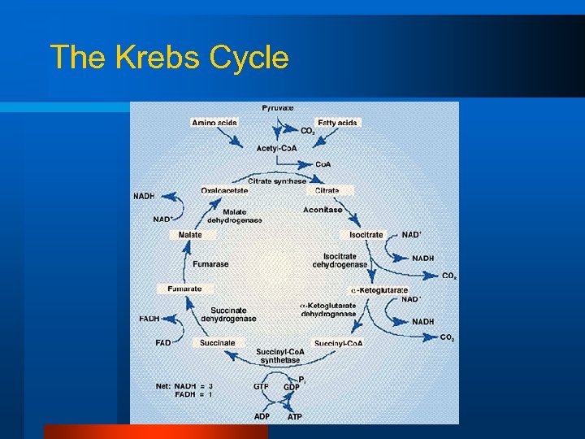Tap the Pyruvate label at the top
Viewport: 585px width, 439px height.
click(278, 108)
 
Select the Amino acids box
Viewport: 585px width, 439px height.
click(214, 123)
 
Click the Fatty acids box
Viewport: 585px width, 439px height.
click(338, 123)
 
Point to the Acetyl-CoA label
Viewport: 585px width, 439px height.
click(276, 148)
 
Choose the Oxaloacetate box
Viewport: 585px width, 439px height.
click(225, 190)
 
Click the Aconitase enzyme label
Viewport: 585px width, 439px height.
click(323, 210)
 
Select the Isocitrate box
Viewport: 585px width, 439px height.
click(366, 235)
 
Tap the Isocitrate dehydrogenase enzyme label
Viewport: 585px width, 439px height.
click(340, 260)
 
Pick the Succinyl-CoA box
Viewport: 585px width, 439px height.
click(338, 343)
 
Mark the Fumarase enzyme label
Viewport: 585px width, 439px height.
click(210, 264)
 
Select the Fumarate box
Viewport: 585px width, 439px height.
click(184, 289)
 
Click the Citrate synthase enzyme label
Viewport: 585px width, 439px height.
click(277, 181)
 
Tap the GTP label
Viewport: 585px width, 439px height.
click(261, 387)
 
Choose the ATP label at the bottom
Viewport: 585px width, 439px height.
click(295, 416)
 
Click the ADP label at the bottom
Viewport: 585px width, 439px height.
click(261, 416)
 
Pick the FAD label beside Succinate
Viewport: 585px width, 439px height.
click(163, 343)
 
